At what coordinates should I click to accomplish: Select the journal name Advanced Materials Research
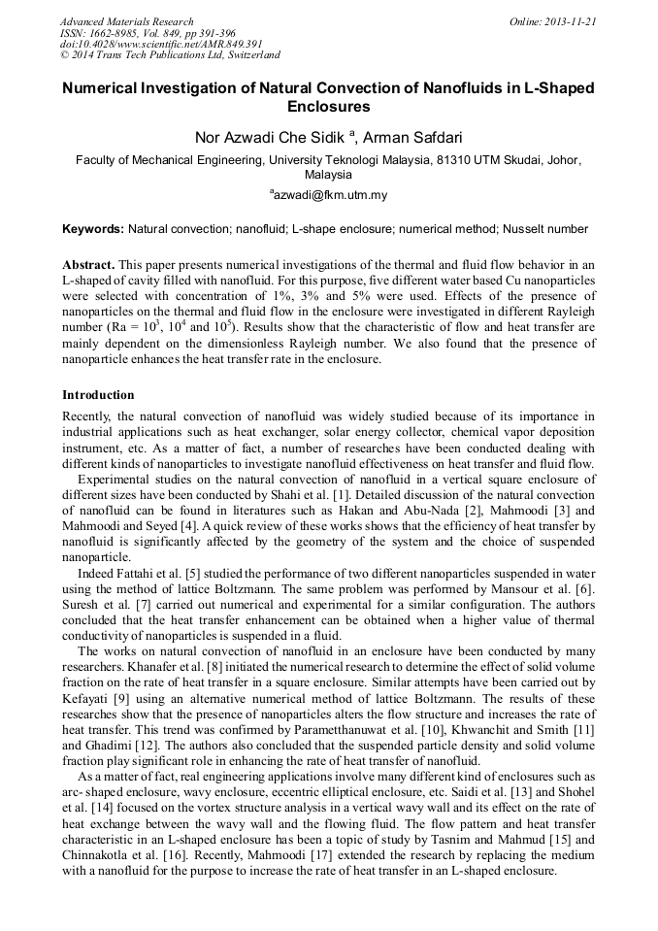coord(126,21)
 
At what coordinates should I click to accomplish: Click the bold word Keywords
coord(93,229)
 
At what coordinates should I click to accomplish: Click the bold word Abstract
coord(88,265)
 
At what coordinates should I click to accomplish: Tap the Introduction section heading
coord(98,395)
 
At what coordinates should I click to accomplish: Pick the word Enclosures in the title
coord(329,107)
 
